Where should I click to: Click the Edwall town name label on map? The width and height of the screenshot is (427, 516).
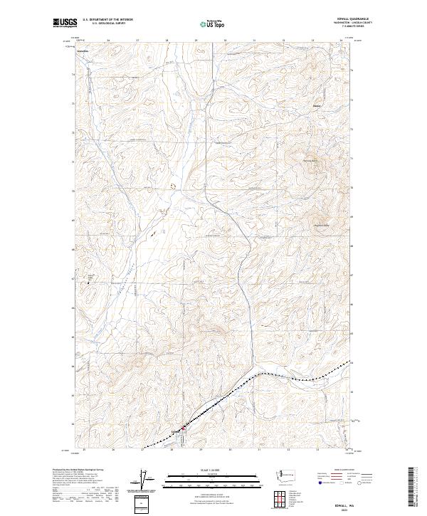pos(175,431)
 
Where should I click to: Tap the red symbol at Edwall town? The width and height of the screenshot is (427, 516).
pos(181,428)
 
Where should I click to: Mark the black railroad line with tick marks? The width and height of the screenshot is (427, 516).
pos(285,376)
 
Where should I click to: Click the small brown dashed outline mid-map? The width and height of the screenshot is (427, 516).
pos(172,185)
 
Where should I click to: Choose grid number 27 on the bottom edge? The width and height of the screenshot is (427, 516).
pos(142,450)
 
